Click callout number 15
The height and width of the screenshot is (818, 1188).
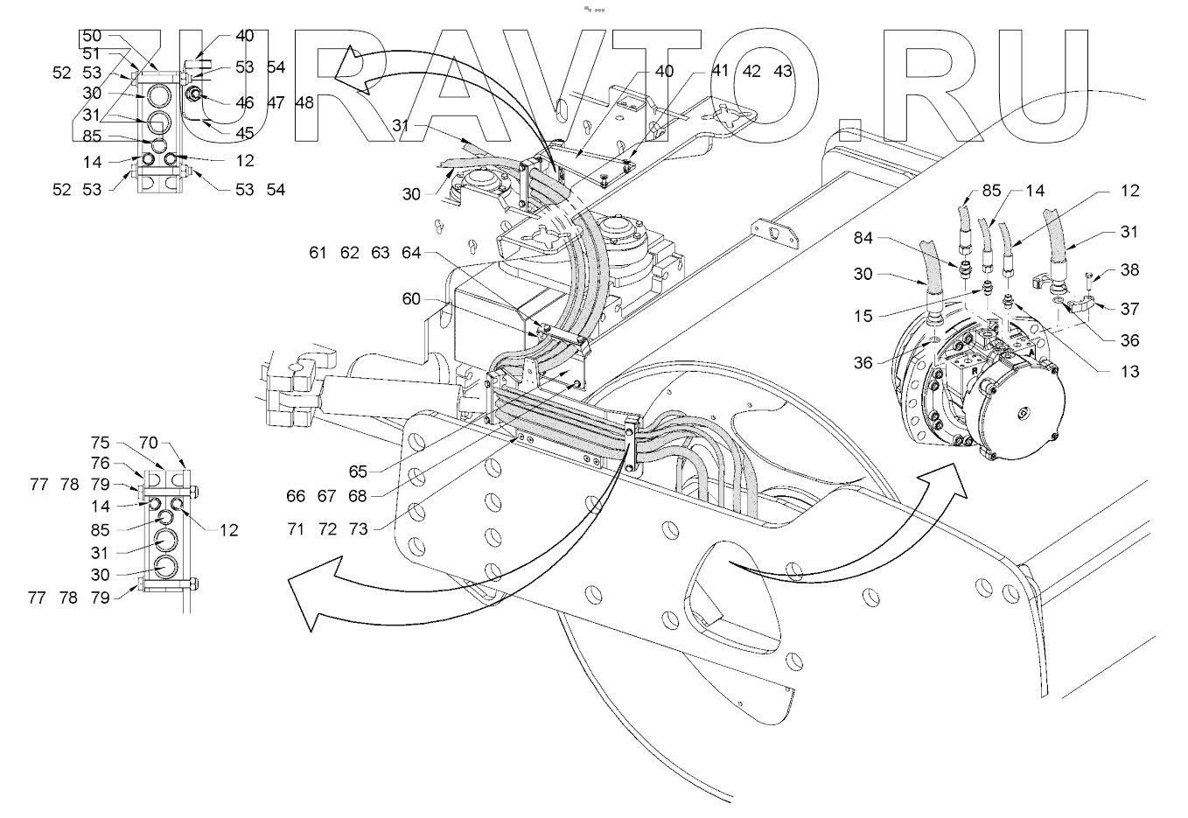(x=863, y=316)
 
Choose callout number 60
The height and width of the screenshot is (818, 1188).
(x=411, y=298)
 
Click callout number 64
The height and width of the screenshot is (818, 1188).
(x=411, y=253)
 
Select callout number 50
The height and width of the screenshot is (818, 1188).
(x=92, y=36)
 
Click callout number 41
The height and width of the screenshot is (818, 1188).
(x=720, y=71)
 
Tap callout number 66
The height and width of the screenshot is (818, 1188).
(x=296, y=496)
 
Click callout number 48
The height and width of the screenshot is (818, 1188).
(x=304, y=102)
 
